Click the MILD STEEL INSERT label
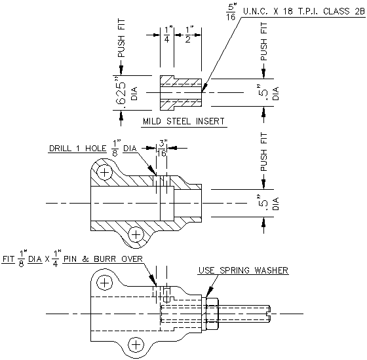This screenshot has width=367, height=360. (183, 122)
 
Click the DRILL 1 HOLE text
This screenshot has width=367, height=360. (78, 148)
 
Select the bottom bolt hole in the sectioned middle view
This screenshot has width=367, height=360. (136, 234)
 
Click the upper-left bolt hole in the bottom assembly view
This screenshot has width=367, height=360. (103, 283)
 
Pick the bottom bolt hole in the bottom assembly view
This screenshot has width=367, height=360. (136, 344)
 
